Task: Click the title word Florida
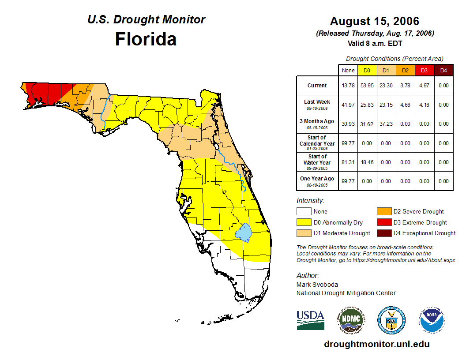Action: click(146, 39)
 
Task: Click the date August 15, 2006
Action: click(374, 21)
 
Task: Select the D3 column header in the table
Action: click(424, 70)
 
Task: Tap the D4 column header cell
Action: click(443, 70)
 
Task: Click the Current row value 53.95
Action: click(367, 86)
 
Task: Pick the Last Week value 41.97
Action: click(348, 105)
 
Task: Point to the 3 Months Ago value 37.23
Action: click(386, 124)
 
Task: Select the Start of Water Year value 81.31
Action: click(348, 162)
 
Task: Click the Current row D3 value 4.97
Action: click(424, 86)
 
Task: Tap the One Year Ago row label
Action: click(317, 179)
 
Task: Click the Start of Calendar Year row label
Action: click(317, 143)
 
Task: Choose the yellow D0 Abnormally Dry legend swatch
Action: click(304, 222)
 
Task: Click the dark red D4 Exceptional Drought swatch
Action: click(384, 233)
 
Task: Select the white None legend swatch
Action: click(304, 212)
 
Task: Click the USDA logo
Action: click(310, 320)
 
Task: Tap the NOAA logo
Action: click(432, 320)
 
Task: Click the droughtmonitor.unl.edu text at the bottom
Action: click(376, 344)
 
